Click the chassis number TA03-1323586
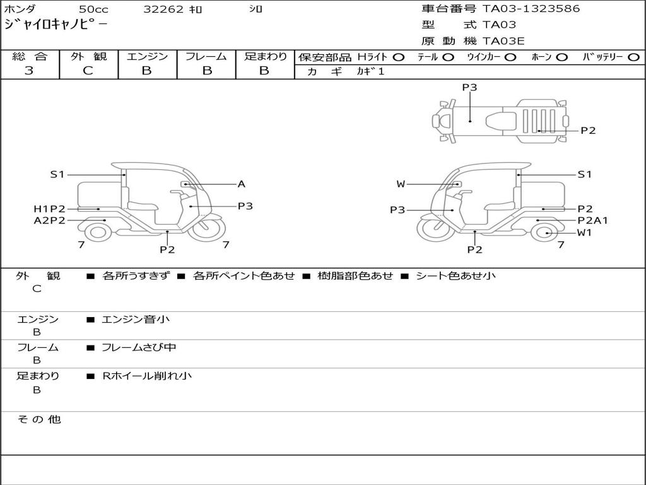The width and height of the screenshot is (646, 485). pos(531,9)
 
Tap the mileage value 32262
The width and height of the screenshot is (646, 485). pos(163,9)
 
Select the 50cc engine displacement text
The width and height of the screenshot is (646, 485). pos(94,9)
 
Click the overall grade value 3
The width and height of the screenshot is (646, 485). pos(29,71)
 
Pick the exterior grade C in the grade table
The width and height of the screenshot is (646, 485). pos(88,71)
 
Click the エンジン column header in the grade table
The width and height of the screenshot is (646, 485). pos(147,56)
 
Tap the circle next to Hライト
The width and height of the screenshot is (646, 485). pos(399,57)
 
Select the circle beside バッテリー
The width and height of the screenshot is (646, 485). pos(633,57)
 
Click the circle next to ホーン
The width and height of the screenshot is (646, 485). pos(561,57)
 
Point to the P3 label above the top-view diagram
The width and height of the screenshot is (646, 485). pos(469,87)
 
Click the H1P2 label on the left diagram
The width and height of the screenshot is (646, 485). pos(49,209)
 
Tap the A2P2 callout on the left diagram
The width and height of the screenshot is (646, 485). pos(49,220)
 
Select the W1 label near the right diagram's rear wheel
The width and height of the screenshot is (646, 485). pos(584,232)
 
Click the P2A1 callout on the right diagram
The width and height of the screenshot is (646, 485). pos(592,220)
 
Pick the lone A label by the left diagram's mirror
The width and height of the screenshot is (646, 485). pos(242,184)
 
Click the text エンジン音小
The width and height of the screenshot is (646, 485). pos(136,319)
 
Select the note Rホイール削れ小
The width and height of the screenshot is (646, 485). pos(146,376)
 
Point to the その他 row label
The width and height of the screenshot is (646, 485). pos(39,419)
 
